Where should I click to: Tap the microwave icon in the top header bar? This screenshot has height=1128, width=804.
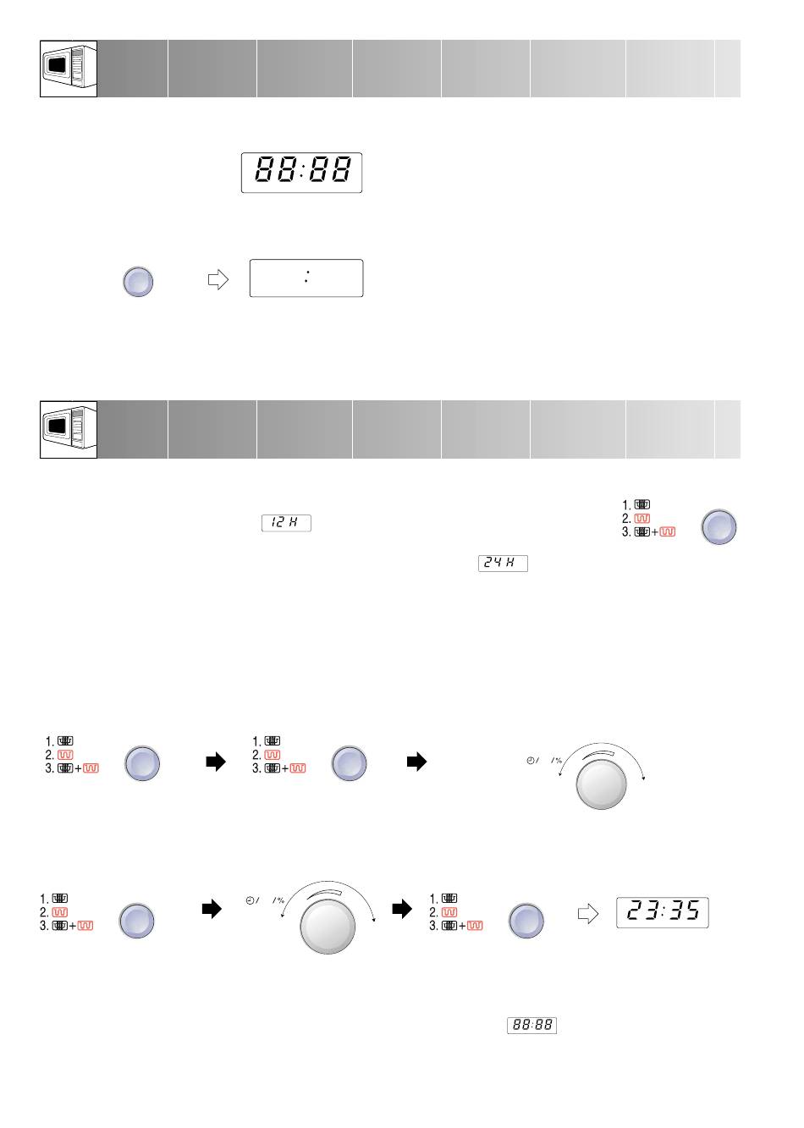click(x=69, y=69)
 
